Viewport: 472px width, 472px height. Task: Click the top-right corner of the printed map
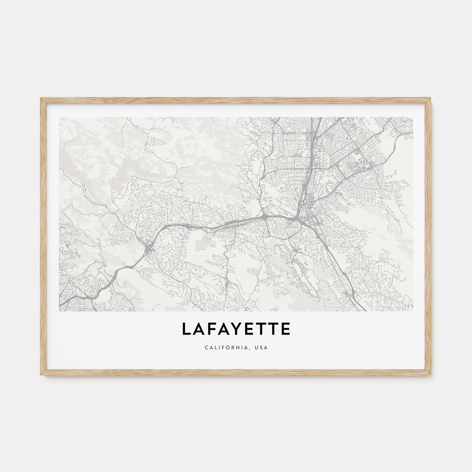tap(413, 117)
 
